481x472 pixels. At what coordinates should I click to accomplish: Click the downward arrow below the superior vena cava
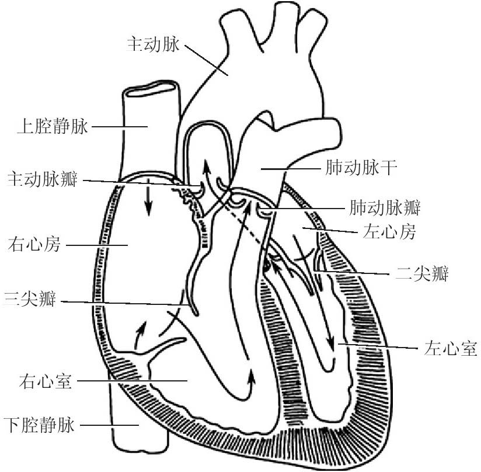pos(149,201)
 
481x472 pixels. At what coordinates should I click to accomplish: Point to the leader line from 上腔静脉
pos(120,126)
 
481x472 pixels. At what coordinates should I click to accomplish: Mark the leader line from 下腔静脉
pos(109,425)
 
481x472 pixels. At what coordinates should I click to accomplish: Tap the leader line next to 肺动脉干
pos(292,169)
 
